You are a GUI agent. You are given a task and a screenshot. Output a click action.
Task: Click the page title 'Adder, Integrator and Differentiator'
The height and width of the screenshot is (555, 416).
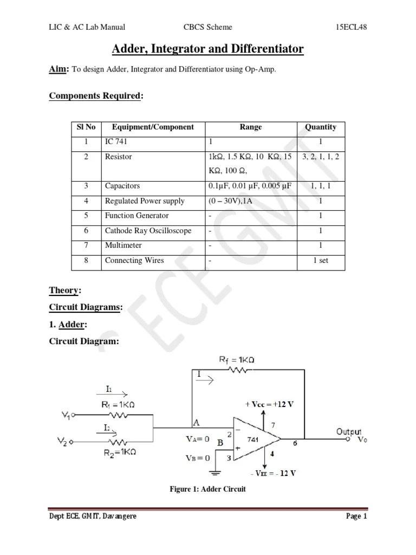tap(207, 50)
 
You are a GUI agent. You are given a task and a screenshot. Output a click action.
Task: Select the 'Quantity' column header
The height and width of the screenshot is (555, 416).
tap(321, 127)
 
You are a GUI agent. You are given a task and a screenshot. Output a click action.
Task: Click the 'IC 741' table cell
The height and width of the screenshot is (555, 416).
tap(117, 142)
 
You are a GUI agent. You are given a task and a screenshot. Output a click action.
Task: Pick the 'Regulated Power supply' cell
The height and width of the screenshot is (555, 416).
tap(145, 201)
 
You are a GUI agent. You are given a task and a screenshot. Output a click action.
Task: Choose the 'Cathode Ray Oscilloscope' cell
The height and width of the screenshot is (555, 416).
tap(148, 231)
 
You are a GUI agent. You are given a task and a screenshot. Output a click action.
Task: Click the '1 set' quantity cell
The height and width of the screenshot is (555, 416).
tap(321, 261)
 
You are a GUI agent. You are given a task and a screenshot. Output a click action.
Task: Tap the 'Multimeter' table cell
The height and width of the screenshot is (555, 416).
tap(123, 246)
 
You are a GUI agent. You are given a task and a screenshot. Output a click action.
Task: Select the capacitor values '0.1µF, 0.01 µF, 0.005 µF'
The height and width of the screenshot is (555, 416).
tap(250, 186)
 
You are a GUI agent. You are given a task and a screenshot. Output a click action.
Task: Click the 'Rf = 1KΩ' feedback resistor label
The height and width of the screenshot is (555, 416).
tap(237, 360)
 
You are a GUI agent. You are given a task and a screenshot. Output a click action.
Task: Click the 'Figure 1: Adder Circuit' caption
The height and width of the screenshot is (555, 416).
tap(208, 489)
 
